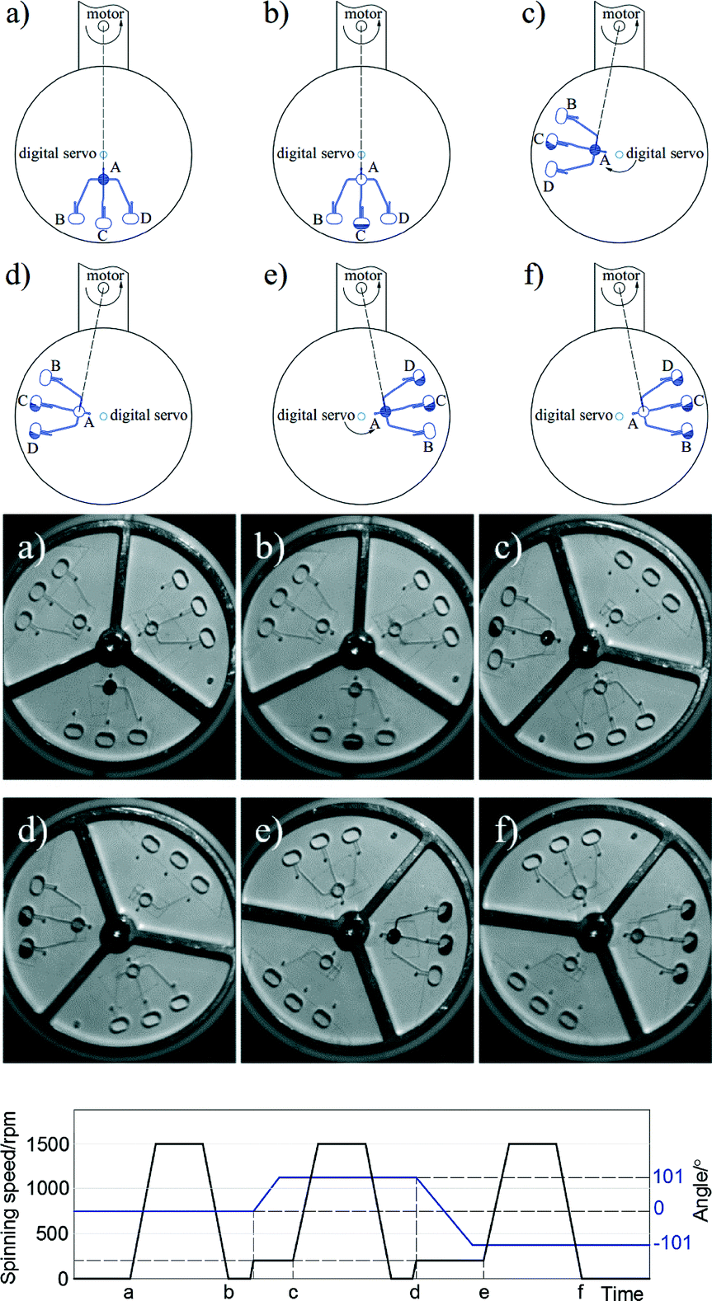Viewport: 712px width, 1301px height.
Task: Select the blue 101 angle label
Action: tap(668, 1177)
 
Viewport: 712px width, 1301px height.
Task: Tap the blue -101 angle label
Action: tap(672, 1242)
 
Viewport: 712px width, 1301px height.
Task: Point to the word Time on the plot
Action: tap(622, 1292)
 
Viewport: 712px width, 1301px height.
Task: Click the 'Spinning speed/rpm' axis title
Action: tap(10, 1196)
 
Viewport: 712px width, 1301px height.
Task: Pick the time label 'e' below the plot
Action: tap(483, 1291)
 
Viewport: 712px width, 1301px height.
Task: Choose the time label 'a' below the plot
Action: tap(128, 1291)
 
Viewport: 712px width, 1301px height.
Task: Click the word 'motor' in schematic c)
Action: tap(620, 14)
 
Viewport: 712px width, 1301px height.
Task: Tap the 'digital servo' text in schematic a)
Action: tap(57, 153)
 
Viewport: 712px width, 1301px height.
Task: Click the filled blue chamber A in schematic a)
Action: tap(104, 179)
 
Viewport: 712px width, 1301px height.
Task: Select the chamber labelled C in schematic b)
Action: tap(361, 223)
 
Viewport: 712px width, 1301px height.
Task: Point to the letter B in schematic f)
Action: tap(686, 447)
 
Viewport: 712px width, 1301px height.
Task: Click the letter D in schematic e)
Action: tap(409, 366)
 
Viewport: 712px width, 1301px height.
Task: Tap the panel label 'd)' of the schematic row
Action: tap(17, 275)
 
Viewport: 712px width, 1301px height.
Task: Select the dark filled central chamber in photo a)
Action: tap(109, 687)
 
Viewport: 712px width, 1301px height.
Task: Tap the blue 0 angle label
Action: tap(658, 1209)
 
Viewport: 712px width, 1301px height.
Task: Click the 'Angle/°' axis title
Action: tap(701, 1193)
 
